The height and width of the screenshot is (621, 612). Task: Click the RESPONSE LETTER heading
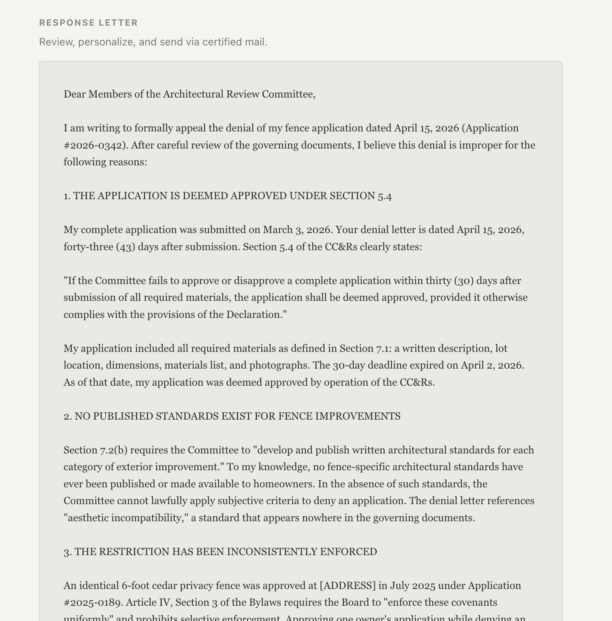click(x=88, y=23)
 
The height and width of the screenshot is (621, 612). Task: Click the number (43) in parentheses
click(x=125, y=247)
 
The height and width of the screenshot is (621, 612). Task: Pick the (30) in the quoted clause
click(x=464, y=281)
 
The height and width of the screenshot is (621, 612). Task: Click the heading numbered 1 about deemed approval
click(x=228, y=196)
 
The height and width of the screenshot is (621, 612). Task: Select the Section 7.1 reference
click(x=364, y=348)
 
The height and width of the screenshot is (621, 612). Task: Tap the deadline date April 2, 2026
click(x=492, y=365)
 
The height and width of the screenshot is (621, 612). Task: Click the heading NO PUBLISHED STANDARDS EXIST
click(x=232, y=416)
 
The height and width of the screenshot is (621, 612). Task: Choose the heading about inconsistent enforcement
click(x=220, y=552)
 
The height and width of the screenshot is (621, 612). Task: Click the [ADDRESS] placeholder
click(x=348, y=586)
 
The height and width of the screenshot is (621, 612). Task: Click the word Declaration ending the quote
click(x=254, y=315)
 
